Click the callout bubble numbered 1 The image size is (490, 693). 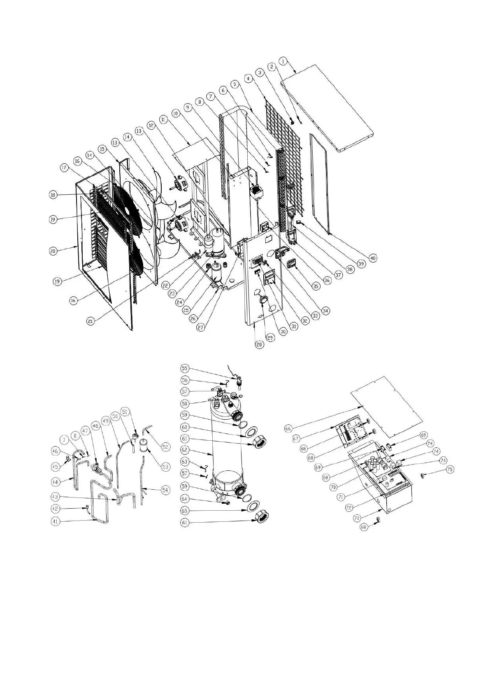(x=283, y=61)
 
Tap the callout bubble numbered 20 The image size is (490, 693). (x=53, y=251)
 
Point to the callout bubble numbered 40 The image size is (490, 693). (x=372, y=258)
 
